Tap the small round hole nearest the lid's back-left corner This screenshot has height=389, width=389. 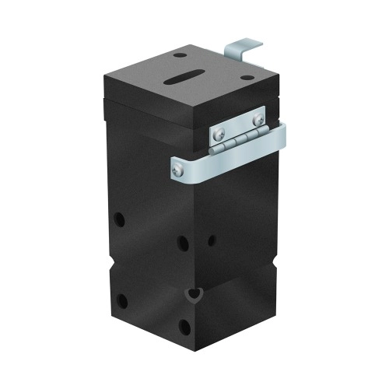(x=180, y=55)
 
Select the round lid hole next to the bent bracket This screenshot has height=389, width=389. (x=247, y=79)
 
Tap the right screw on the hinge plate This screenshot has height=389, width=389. (x=258, y=119)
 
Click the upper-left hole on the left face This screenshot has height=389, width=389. (x=120, y=219)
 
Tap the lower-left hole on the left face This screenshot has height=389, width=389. (x=121, y=300)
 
